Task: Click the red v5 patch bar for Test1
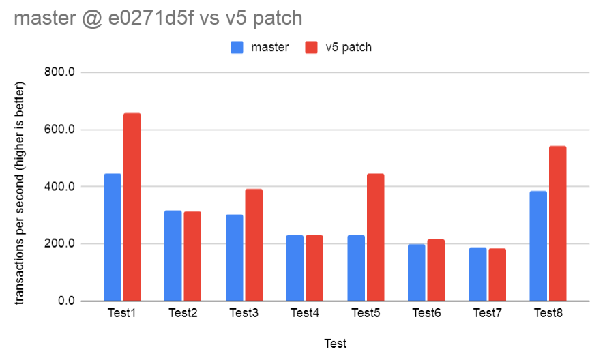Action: pyautogui.click(x=132, y=207)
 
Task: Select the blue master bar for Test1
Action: pyautogui.click(x=113, y=237)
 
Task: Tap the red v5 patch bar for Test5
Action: pyautogui.click(x=376, y=237)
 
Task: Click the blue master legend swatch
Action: pyautogui.click(x=237, y=47)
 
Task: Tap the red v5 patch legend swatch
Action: pyautogui.click(x=311, y=47)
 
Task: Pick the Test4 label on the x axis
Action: pyautogui.click(x=305, y=313)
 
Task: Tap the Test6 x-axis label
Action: pyautogui.click(x=426, y=313)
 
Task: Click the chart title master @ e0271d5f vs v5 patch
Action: pyautogui.click(x=158, y=18)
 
